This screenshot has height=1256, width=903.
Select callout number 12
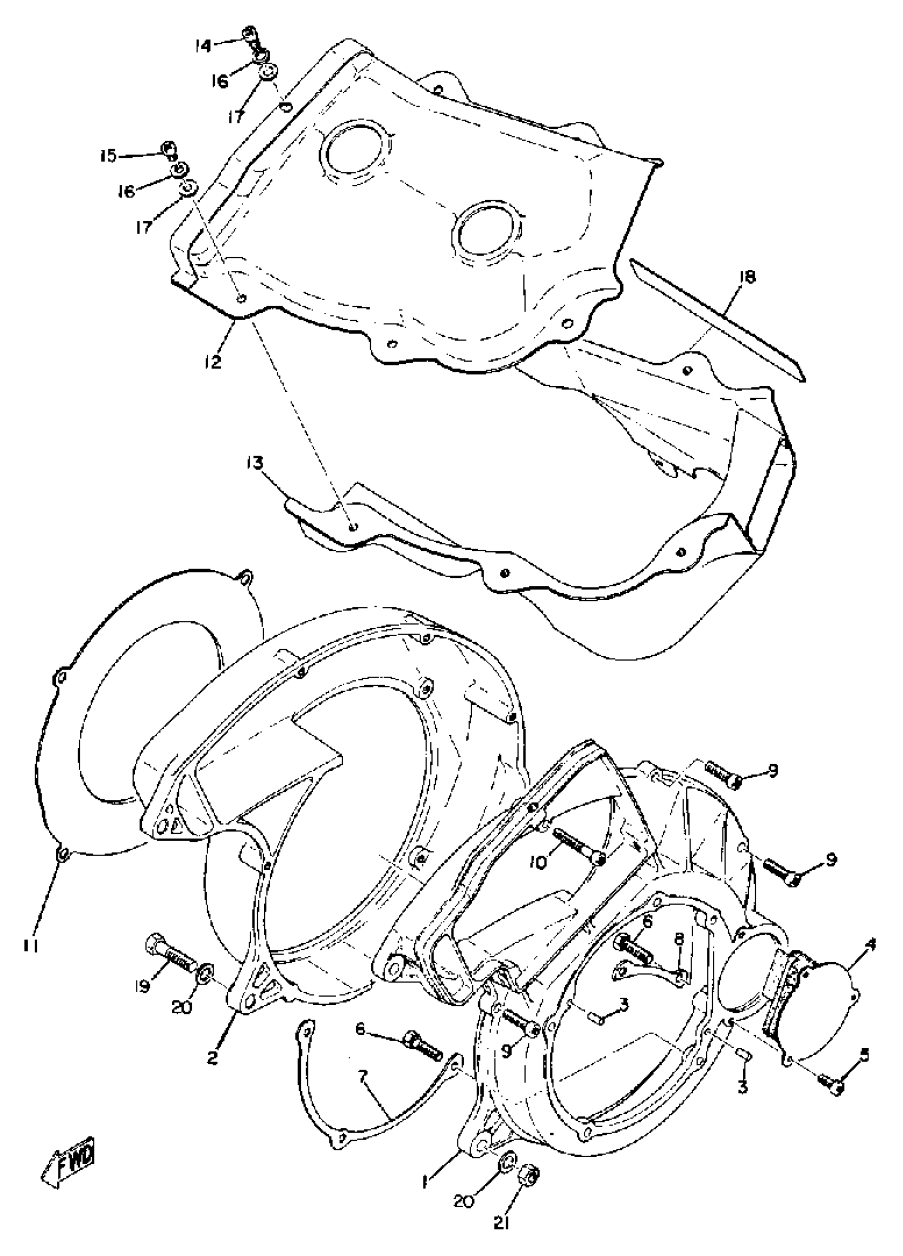pos(211,361)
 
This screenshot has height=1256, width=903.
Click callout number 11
pos(30,947)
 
